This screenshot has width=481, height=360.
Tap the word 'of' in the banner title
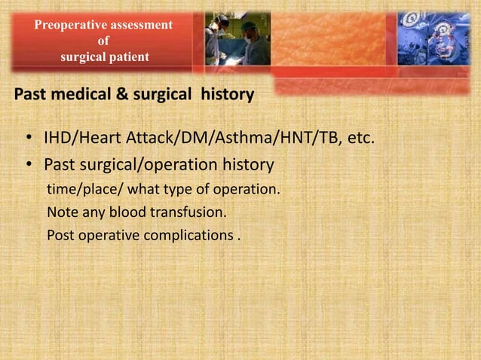(x=103, y=41)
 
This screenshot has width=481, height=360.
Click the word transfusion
(x=188, y=212)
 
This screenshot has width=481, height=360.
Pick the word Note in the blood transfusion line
(x=61, y=212)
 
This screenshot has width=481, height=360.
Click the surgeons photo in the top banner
(x=237, y=38)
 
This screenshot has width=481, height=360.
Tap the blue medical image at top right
(x=434, y=38)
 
